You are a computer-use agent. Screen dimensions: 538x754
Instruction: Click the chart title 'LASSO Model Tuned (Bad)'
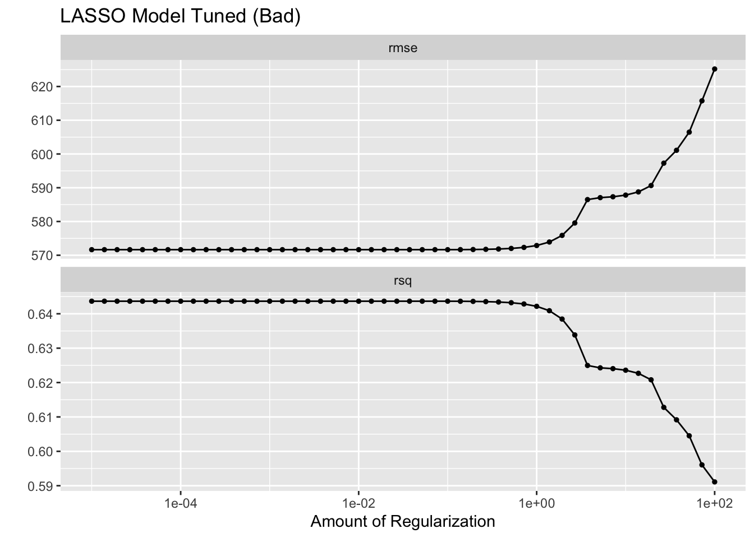[180, 16]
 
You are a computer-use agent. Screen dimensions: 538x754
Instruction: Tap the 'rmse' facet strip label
[403, 48]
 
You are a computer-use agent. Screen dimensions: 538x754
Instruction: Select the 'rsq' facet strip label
[403, 281]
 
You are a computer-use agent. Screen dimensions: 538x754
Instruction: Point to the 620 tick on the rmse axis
[45, 87]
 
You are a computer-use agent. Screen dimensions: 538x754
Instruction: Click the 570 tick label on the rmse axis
[45, 256]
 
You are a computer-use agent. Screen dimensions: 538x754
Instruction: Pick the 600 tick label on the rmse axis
[45, 154]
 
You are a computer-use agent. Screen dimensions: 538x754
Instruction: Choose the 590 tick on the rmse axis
[45, 188]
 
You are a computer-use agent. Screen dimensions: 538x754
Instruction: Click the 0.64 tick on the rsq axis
[43, 314]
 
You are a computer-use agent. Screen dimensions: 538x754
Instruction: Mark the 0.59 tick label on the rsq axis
[43, 486]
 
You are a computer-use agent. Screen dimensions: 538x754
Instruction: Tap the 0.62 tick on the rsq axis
[43, 383]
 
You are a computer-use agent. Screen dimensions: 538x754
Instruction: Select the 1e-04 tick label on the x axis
[180, 503]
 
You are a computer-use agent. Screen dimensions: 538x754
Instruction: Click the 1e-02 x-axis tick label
[358, 503]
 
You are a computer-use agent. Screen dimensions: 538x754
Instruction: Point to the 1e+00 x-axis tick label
[536, 503]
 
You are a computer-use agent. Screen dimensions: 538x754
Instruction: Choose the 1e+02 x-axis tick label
[714, 503]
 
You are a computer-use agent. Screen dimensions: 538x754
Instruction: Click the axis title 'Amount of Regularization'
[403, 522]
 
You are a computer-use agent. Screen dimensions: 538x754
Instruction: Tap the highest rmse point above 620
[714, 69]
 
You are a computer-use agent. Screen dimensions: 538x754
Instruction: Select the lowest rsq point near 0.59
[714, 482]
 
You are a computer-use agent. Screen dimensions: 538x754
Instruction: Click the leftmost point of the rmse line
[91, 249]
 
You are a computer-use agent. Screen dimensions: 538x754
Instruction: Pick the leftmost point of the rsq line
[91, 301]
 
